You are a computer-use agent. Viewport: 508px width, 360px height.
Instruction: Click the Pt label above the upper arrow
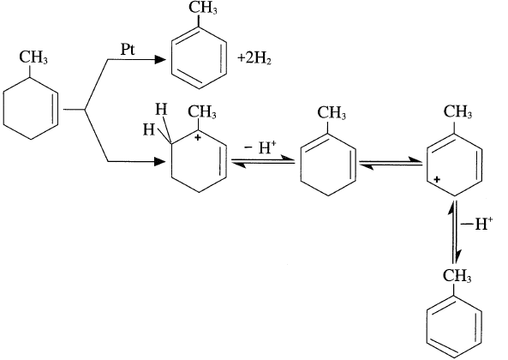pos(128,50)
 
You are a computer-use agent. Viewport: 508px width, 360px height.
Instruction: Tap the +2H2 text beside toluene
pos(254,59)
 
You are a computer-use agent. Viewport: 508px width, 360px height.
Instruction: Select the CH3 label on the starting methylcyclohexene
pos(33,57)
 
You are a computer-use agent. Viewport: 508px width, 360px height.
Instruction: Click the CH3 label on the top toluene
pos(203,7)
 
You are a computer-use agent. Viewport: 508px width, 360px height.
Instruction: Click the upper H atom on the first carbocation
pos(161,110)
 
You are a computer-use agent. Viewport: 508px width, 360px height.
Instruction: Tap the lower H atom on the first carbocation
pos(149,130)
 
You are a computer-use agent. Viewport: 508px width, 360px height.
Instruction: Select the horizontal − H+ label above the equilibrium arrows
pos(260,147)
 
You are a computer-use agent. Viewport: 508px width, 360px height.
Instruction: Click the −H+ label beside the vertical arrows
pos(477,224)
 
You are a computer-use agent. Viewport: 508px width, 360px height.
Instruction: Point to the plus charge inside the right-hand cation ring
pos(437,179)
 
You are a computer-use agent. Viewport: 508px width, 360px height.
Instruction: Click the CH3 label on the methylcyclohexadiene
pos(332,113)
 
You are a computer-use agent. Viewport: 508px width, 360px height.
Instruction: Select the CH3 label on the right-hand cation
pos(457,112)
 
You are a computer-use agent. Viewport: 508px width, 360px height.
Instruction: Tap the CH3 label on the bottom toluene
pos(457,276)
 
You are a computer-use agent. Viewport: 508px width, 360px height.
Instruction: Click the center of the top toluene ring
pos(199,58)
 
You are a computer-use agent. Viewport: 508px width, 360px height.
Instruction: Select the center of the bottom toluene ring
pos(454,327)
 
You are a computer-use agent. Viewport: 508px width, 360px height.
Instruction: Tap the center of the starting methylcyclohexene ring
pos(31,109)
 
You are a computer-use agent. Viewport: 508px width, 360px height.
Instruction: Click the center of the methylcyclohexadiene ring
pos(328,164)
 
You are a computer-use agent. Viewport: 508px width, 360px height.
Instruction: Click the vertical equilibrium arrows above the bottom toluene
pos(454,232)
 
